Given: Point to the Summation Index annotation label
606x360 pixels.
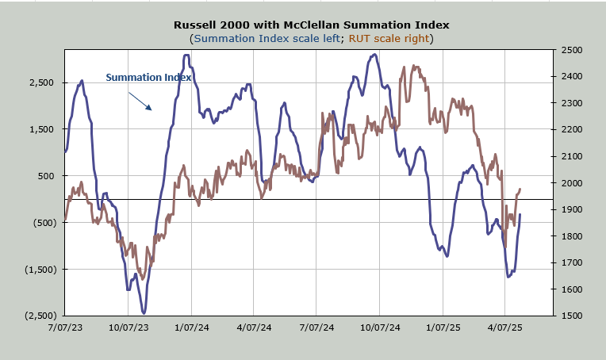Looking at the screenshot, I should point(148,78).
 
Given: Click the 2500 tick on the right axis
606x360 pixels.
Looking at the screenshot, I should point(570,50).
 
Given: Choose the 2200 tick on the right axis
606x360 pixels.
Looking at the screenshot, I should point(570,129).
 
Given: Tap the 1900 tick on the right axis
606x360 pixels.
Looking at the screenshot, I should point(570,209).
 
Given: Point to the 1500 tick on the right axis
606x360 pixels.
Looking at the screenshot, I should point(570,316).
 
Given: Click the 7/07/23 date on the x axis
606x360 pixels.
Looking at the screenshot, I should point(64,327).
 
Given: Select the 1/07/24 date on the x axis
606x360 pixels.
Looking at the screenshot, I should point(190,327).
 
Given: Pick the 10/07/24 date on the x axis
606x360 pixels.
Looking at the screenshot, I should point(379,327).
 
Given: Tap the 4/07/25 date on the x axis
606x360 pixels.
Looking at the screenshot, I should point(505,327).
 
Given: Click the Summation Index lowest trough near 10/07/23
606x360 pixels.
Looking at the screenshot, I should point(144,313).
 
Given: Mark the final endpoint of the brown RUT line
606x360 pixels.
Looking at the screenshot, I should point(520,190).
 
